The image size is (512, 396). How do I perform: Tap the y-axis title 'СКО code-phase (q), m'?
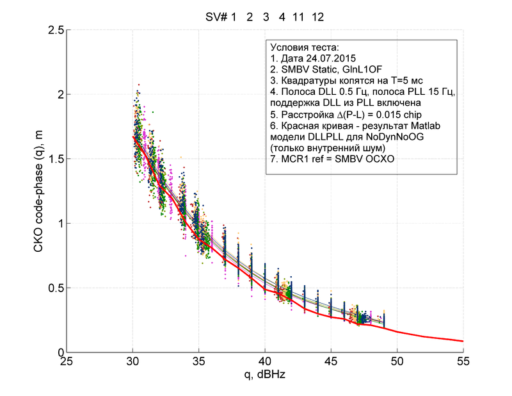[40, 191]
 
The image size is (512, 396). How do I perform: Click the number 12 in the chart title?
[317, 17]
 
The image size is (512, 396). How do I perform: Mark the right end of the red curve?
[463, 341]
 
